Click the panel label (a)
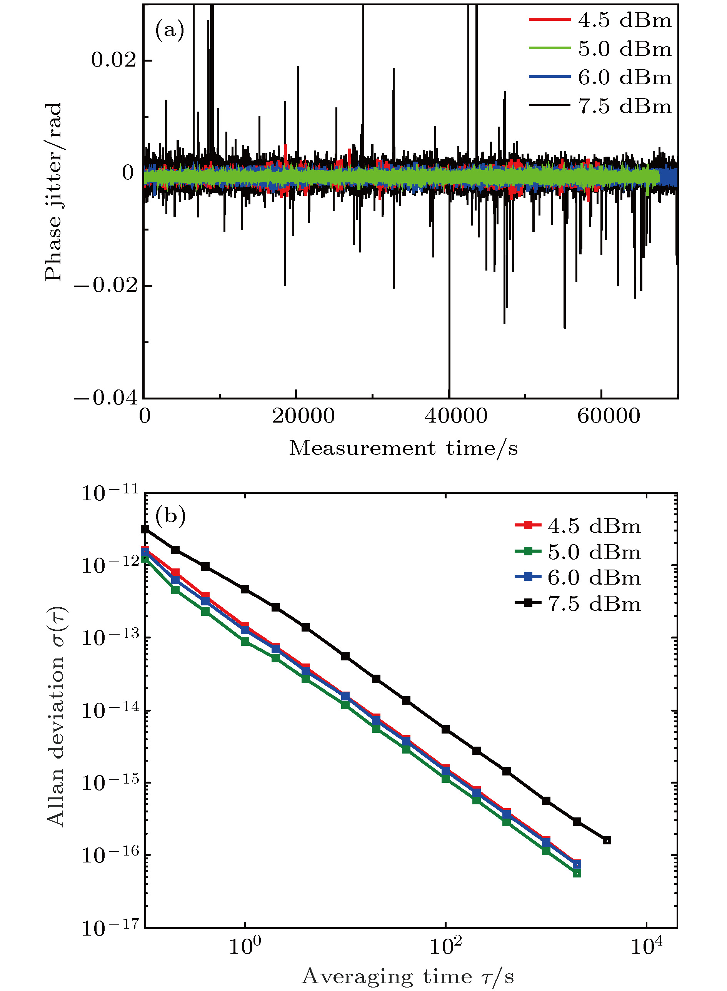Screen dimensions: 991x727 pyautogui.click(x=169, y=31)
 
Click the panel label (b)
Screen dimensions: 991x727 pyautogui.click(x=170, y=515)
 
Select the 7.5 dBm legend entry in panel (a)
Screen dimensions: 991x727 pyautogui.click(x=601, y=106)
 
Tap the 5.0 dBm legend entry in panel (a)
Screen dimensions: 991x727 pyautogui.click(x=601, y=48)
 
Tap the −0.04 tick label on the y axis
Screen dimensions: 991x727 pyautogui.click(x=106, y=398)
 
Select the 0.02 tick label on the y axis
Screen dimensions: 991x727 pyautogui.click(x=114, y=60)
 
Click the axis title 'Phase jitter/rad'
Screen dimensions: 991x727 pyautogui.click(x=54, y=192)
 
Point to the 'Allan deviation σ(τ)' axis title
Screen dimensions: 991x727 pyautogui.click(x=56, y=716)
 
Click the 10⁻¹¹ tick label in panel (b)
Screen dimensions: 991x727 pyautogui.click(x=110, y=493)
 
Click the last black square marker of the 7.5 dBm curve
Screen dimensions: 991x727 pyautogui.click(x=607, y=841)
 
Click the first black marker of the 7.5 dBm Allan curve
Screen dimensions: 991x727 pyautogui.click(x=145, y=529)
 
